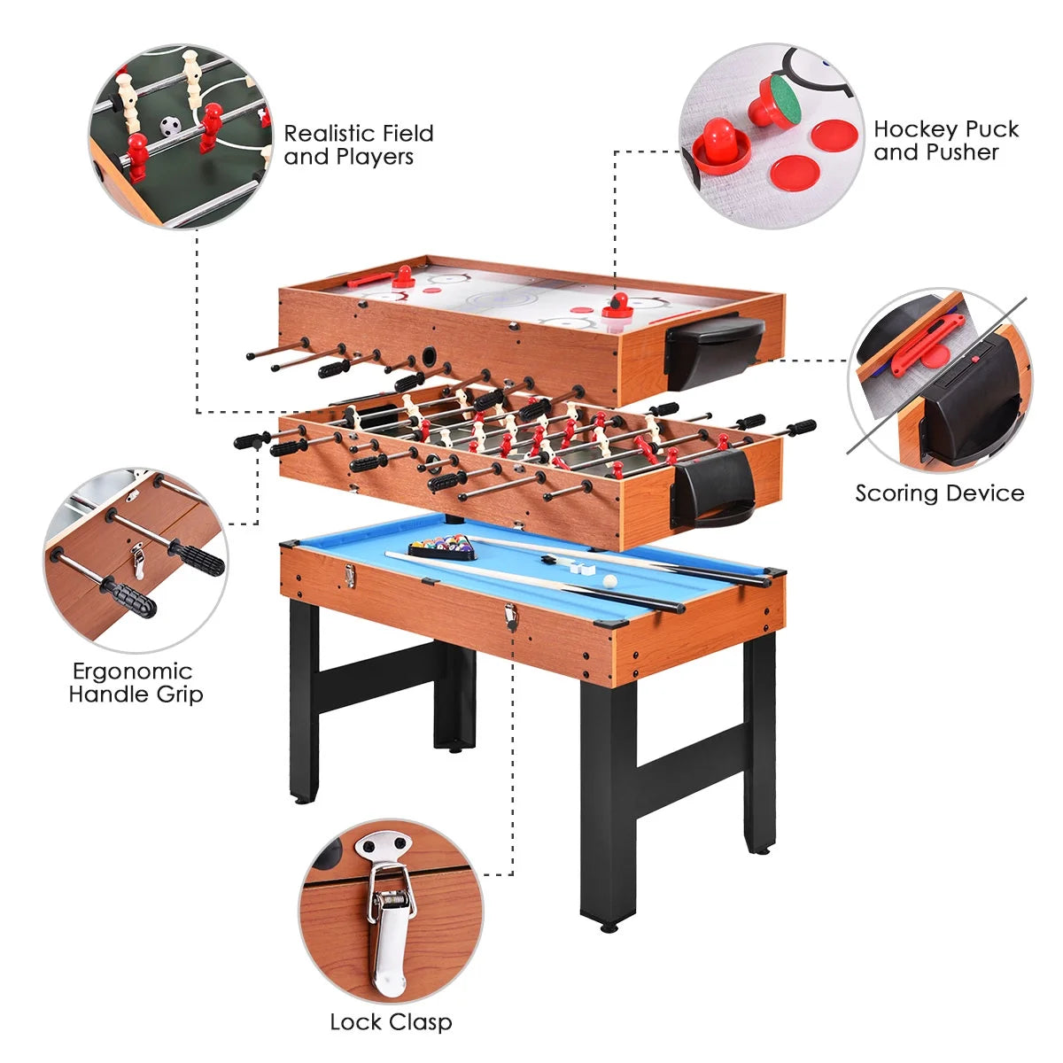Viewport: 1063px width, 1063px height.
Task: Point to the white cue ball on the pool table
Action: coord(609,581)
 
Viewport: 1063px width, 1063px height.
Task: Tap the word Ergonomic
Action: coord(132,671)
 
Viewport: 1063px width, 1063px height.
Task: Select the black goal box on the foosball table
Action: coord(714,489)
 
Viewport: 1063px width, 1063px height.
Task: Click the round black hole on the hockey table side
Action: coord(431,356)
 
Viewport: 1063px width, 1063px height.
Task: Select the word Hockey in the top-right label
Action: coord(913,129)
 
